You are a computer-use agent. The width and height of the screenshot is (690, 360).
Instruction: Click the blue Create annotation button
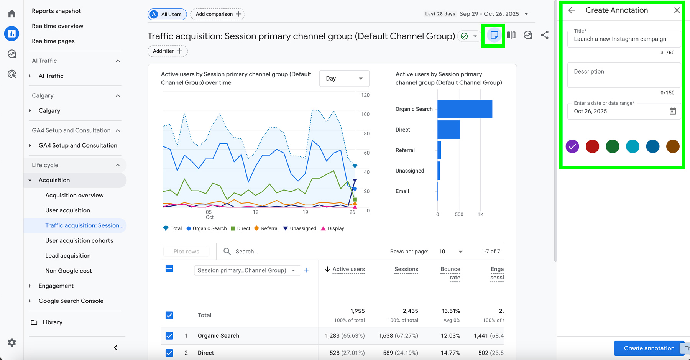[649, 348]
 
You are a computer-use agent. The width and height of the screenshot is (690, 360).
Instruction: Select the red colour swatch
[592, 146]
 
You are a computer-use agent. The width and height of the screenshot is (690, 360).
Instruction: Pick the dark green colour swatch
[612, 146]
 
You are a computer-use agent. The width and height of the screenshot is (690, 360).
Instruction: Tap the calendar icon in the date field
[672, 111]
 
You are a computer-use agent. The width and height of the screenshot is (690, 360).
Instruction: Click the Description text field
[624, 75]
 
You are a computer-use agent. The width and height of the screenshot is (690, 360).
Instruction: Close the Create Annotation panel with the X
[677, 10]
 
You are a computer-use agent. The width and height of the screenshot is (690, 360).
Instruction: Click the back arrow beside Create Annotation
[572, 10]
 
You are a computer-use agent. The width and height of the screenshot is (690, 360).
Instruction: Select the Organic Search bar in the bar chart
[465, 109]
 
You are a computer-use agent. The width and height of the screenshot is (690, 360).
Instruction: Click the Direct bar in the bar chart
[449, 130]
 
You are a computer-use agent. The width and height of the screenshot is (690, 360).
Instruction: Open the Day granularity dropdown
[344, 79]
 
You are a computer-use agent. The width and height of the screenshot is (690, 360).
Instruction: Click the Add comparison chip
[218, 14]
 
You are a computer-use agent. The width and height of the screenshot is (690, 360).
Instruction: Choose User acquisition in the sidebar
[67, 210]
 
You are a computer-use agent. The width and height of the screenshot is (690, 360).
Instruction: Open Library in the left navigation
[53, 322]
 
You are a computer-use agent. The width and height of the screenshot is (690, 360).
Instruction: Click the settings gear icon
[12, 342]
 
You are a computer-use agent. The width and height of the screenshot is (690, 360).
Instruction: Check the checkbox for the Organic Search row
[169, 336]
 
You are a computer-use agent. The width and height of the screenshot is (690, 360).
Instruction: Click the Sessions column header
[406, 269]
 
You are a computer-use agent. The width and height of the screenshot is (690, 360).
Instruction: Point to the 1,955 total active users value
[357, 311]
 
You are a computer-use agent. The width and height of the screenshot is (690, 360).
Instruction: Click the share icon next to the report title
[544, 35]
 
